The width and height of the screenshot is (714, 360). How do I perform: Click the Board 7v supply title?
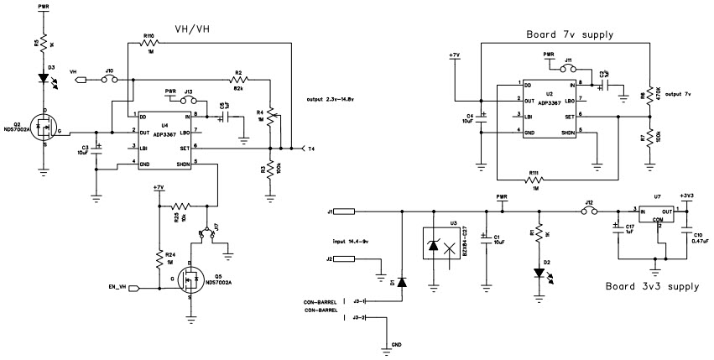click(570, 34)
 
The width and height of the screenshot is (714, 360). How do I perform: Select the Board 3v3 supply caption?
click(652, 286)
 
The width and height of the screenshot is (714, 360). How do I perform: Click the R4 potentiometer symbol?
click(271, 111)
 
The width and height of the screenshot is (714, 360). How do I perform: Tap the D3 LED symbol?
click(43, 77)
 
